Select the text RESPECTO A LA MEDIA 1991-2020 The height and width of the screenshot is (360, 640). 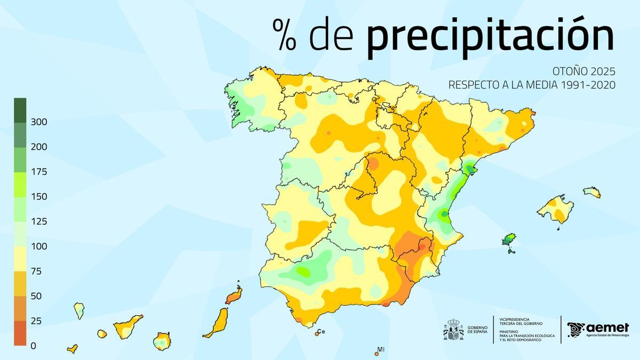[532, 85]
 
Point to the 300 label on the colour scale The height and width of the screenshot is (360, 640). [39, 122]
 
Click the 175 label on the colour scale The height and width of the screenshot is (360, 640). [39, 172]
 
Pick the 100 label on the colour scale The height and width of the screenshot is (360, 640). [39, 246]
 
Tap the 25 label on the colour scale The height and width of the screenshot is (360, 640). [37, 321]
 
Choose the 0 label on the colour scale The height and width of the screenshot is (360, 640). [34, 346]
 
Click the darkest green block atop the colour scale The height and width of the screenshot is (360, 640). [20, 110]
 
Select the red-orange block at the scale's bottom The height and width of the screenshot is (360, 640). [20, 333]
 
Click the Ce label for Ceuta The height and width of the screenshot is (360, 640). [321, 331]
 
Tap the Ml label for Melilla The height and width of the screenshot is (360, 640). [381, 350]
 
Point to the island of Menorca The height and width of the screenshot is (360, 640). [592, 191]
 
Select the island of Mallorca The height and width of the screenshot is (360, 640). [556, 209]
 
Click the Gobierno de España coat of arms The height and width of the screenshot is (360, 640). [453, 330]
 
